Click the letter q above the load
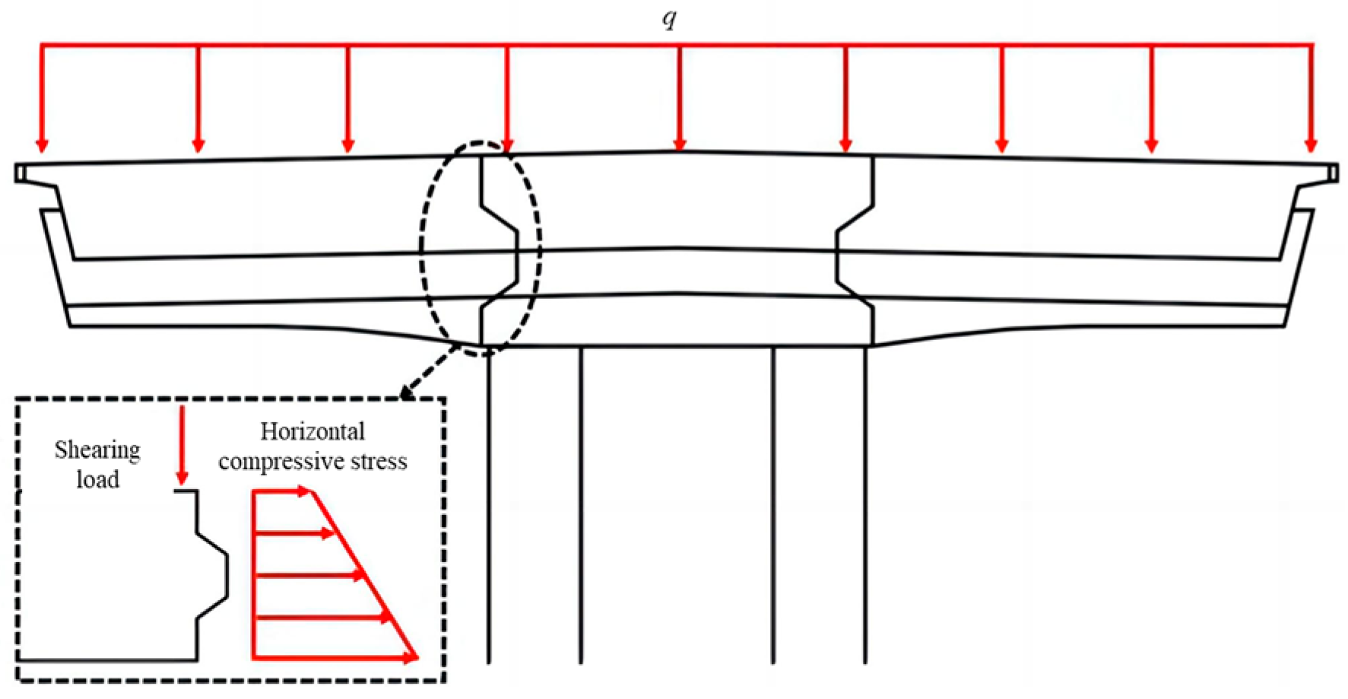(669, 18)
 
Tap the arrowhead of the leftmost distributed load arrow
(43, 145)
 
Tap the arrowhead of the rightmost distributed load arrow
(1310, 145)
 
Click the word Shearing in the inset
(97, 451)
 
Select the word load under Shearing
(98, 480)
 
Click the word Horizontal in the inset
(312, 432)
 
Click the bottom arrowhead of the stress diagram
(411, 657)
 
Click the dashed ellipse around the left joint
(423, 251)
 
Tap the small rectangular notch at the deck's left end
(20, 173)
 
